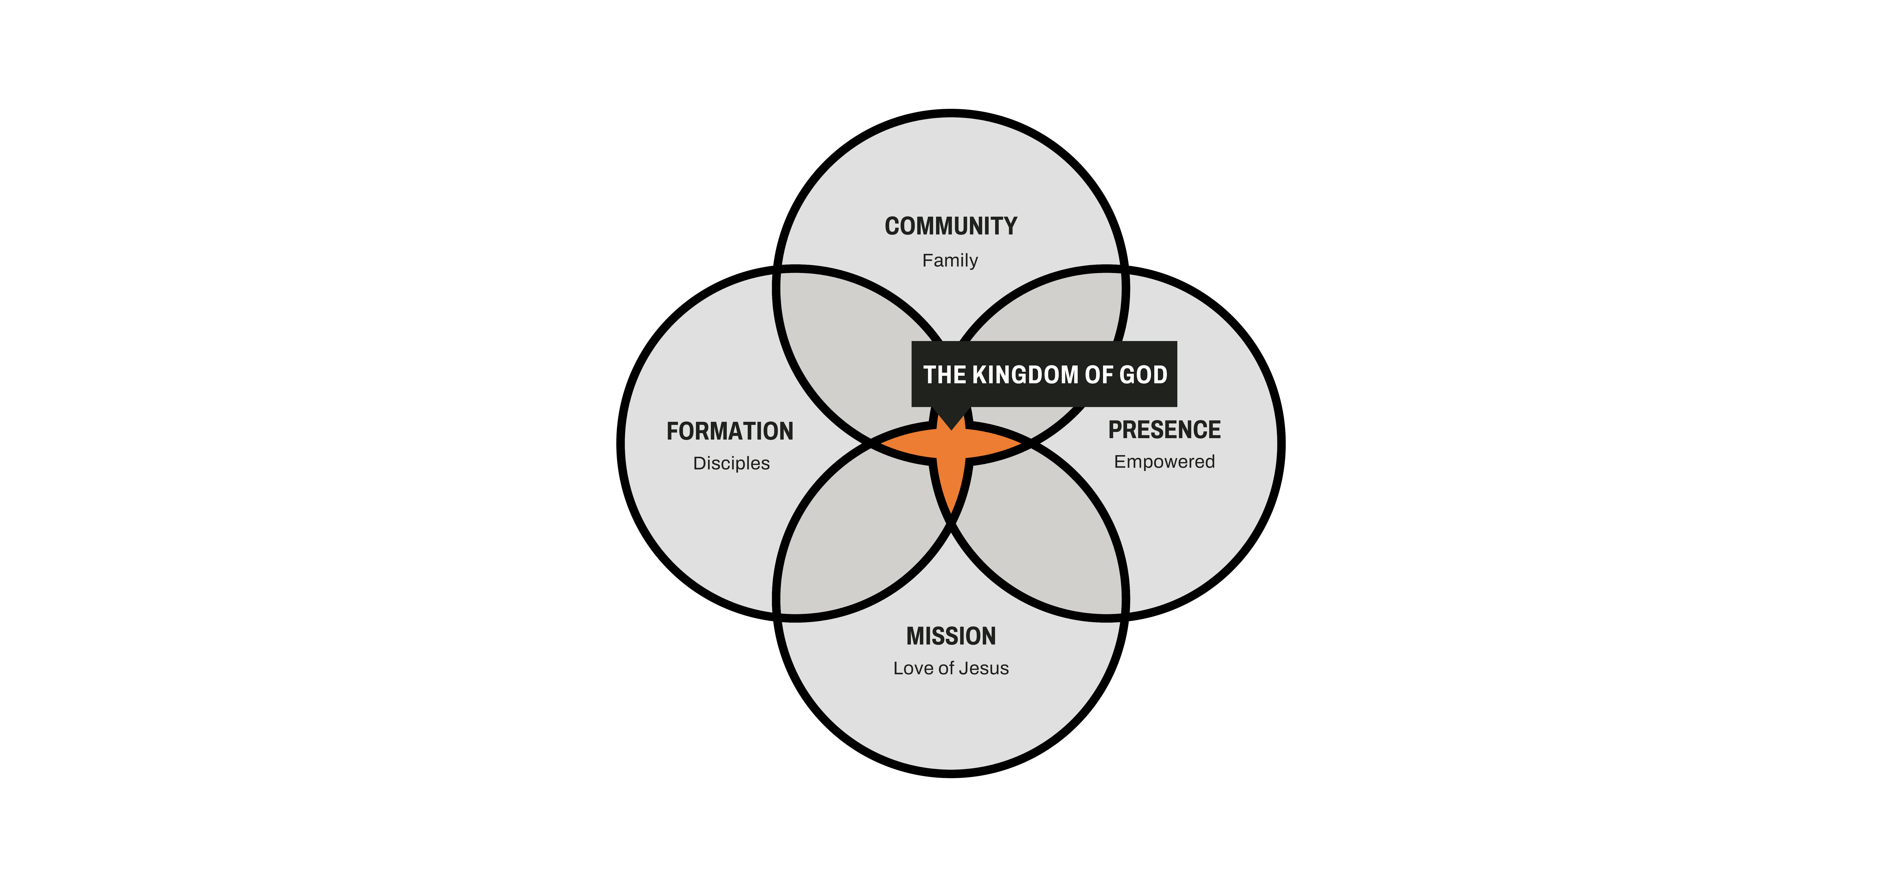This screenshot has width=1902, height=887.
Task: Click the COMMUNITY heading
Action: (x=951, y=226)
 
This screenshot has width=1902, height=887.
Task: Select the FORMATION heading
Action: (x=730, y=431)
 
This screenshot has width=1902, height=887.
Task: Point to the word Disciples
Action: (x=731, y=463)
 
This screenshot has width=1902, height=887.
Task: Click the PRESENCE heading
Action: (x=1164, y=429)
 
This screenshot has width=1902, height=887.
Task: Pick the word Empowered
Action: (x=1164, y=462)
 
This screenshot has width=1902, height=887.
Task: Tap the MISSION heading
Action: (x=951, y=636)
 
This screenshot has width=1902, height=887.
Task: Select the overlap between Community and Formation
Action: (x=849, y=347)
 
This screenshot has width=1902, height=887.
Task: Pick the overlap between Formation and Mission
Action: (x=849, y=546)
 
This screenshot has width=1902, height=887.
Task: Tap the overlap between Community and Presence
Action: (x=1063, y=310)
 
